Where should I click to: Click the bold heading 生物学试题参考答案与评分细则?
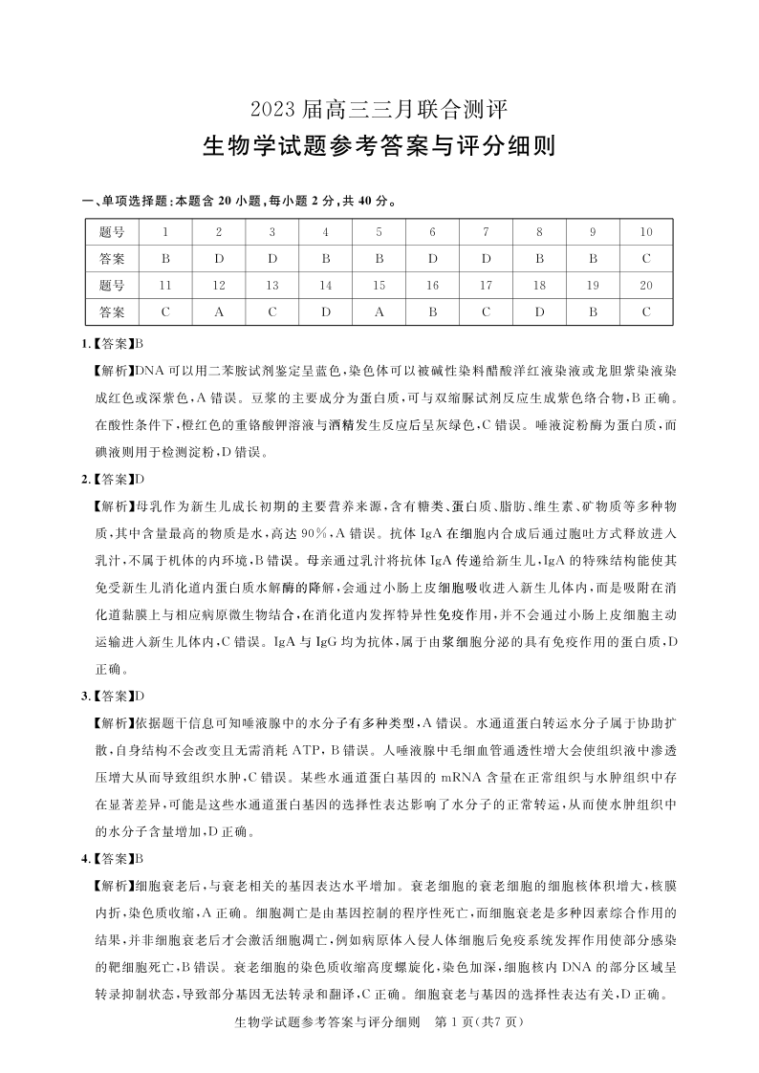[x=379, y=147]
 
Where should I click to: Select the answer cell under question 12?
[x=219, y=311]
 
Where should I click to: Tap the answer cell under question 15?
[x=379, y=311]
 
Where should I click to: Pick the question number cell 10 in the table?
[x=646, y=232]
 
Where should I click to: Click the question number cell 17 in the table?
[x=486, y=285]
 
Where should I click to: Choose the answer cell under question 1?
[x=165, y=259]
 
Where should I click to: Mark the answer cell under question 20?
[x=646, y=311]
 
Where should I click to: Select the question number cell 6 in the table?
[x=432, y=232]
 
